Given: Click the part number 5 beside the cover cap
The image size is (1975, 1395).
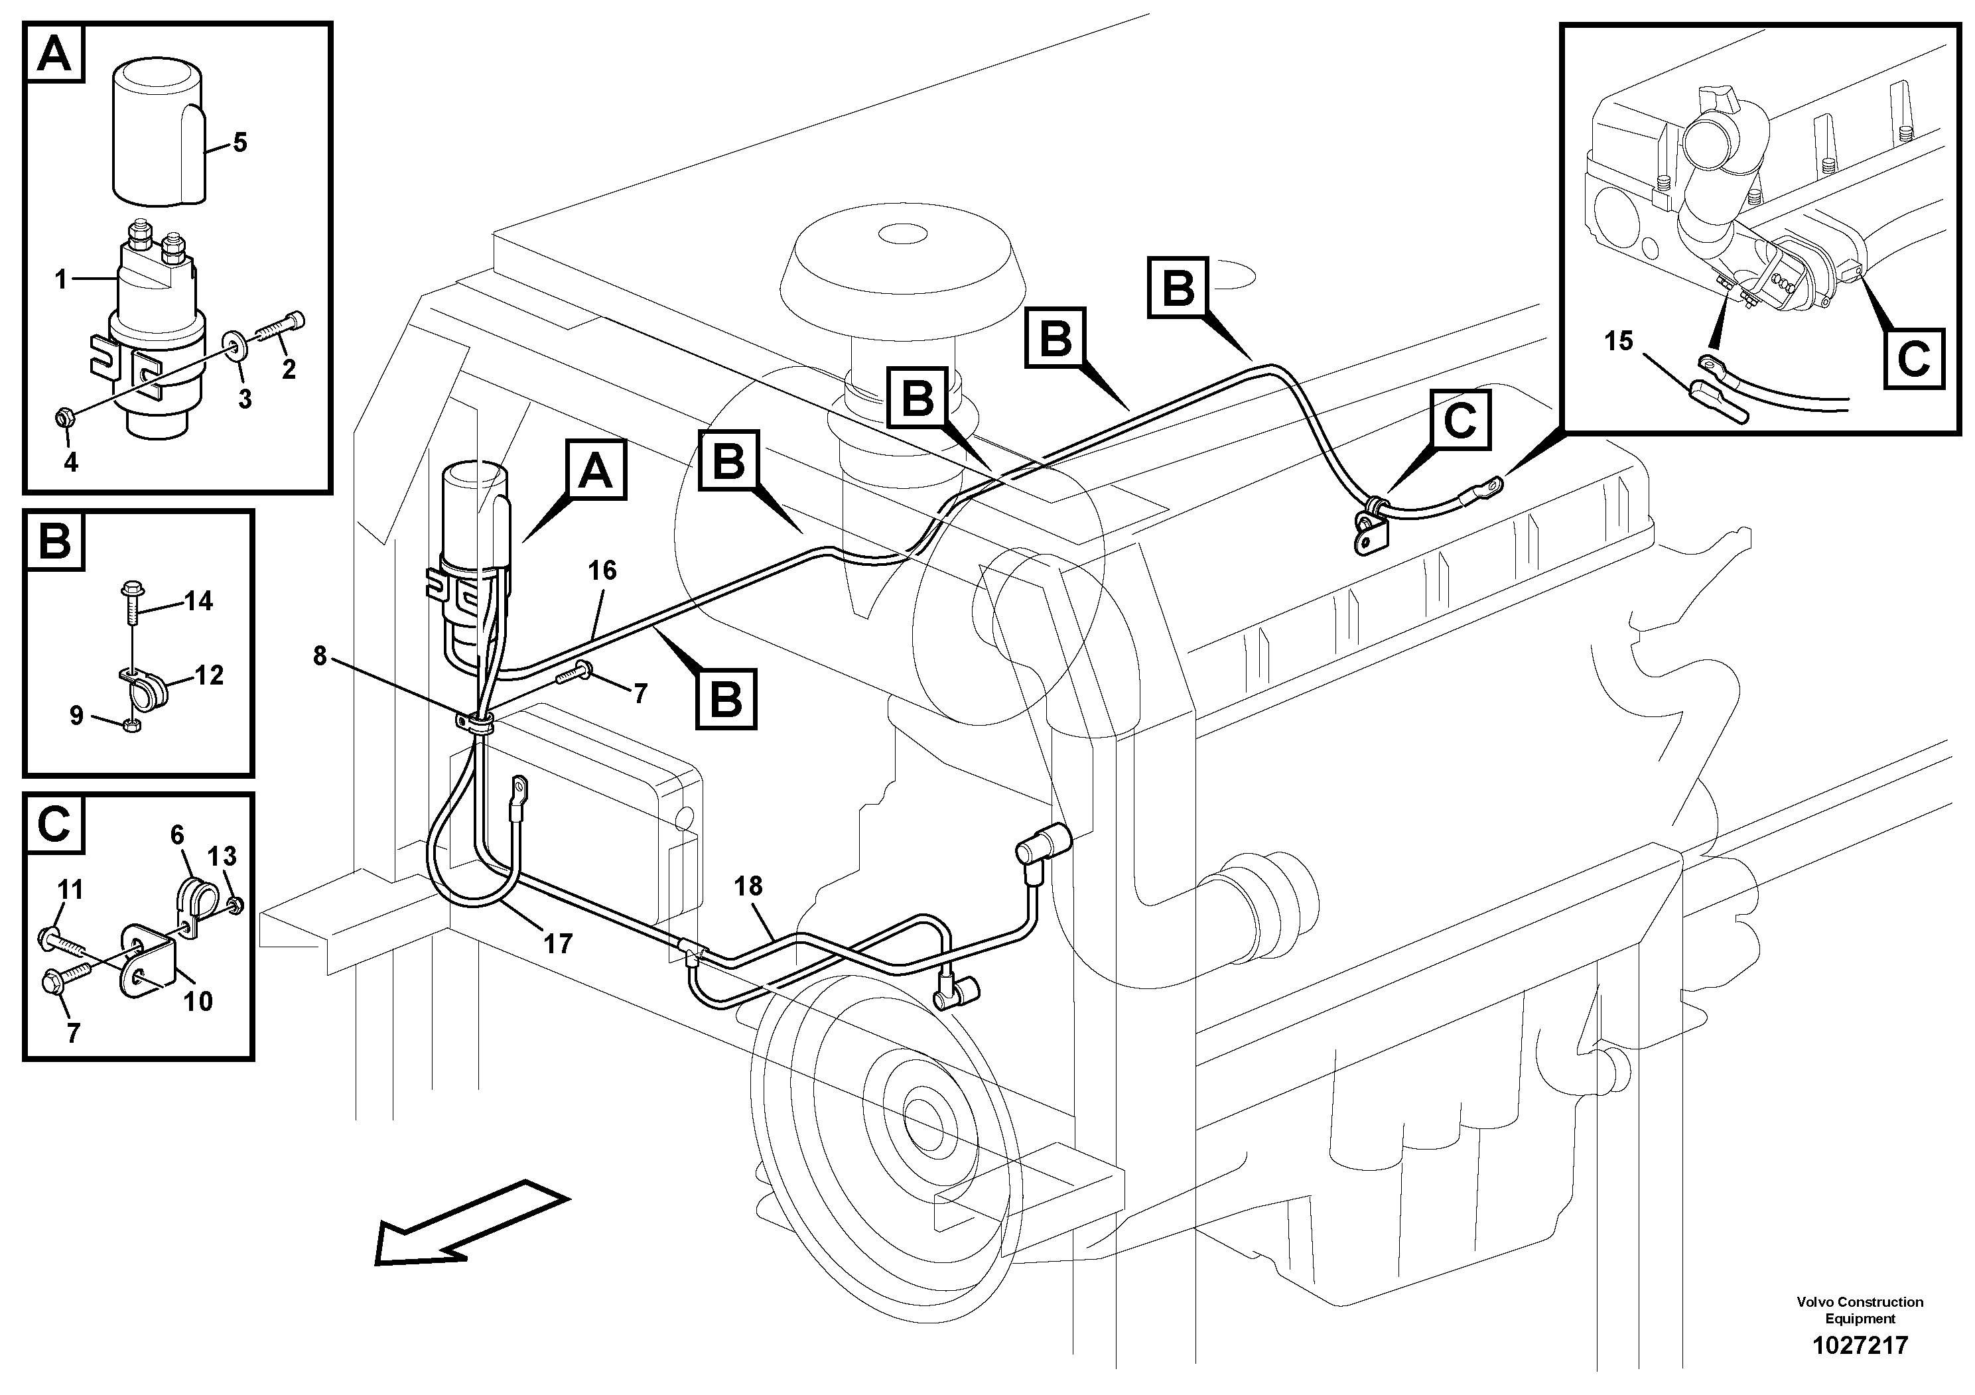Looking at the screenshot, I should pyautogui.click(x=239, y=143).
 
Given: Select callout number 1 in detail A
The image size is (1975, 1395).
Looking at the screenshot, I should pyautogui.click(x=60, y=279).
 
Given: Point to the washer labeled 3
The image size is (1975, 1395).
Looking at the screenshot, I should pyautogui.click(x=233, y=346).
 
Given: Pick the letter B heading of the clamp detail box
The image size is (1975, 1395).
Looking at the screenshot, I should pyautogui.click(x=55, y=542).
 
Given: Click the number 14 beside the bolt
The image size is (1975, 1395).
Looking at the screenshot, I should pyautogui.click(x=199, y=600).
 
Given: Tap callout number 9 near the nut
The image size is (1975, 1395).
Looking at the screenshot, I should pyautogui.click(x=76, y=714).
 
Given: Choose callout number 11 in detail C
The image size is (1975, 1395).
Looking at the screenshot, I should pyautogui.click(x=70, y=890).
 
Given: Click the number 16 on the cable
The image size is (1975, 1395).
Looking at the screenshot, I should pyautogui.click(x=602, y=570).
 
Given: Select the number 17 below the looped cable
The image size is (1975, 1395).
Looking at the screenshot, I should pyautogui.click(x=557, y=945).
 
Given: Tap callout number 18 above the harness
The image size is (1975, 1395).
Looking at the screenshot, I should pyautogui.click(x=748, y=887).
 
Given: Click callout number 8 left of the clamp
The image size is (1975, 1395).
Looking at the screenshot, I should pyautogui.click(x=319, y=656).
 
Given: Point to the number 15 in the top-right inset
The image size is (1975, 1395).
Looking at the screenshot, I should pyautogui.click(x=1618, y=342).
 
